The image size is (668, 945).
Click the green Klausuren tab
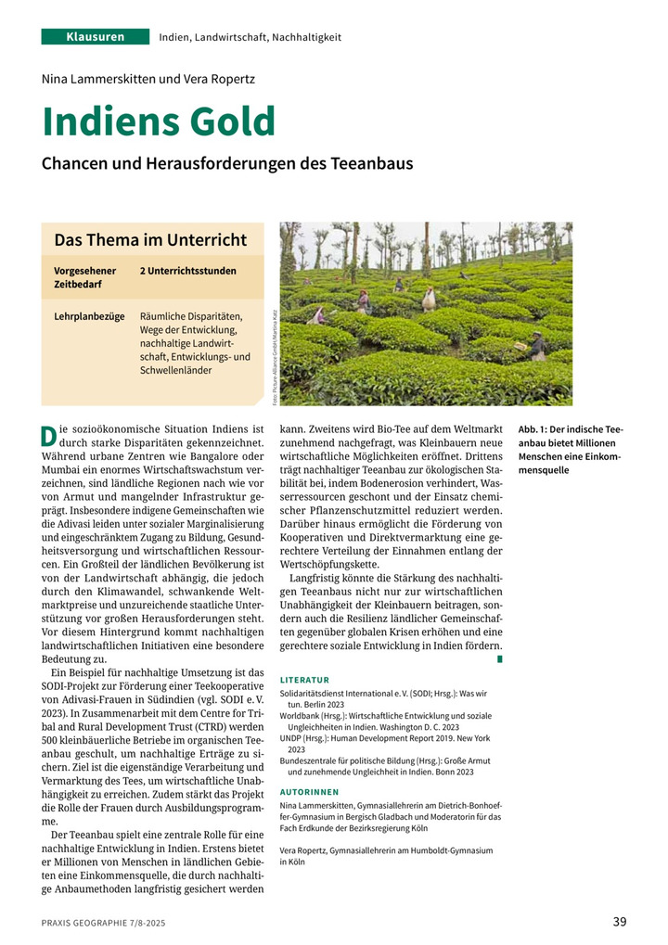95,37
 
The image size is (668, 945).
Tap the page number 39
620,921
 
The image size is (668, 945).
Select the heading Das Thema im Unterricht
150,240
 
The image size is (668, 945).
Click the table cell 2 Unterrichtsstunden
187,271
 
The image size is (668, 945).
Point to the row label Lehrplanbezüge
89,316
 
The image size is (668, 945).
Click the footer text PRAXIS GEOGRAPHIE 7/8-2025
104,924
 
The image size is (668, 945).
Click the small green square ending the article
500,658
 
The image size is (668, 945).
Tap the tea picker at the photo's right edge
537,346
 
